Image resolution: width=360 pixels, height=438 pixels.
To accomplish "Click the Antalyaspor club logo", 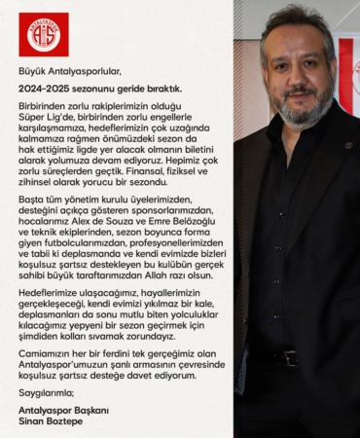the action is tap(44, 34).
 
